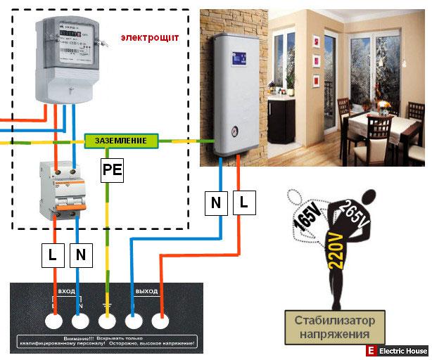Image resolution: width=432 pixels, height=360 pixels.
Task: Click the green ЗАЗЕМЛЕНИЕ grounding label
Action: tap(120, 141)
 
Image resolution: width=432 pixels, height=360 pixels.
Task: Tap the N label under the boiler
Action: tap(215, 203)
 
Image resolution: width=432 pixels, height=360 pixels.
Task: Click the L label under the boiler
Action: tap(243, 203)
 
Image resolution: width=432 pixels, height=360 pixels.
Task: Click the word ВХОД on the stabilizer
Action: tap(67, 290)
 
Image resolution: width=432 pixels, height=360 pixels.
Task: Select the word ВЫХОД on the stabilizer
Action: tap(146, 290)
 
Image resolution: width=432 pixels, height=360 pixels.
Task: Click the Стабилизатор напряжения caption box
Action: tap(335, 326)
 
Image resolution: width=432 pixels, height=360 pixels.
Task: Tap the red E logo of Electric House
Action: tap(370, 351)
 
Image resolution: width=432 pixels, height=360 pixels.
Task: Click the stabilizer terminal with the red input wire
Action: tap(53, 321)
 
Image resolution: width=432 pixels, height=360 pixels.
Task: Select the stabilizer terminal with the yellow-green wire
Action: tap(106, 321)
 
